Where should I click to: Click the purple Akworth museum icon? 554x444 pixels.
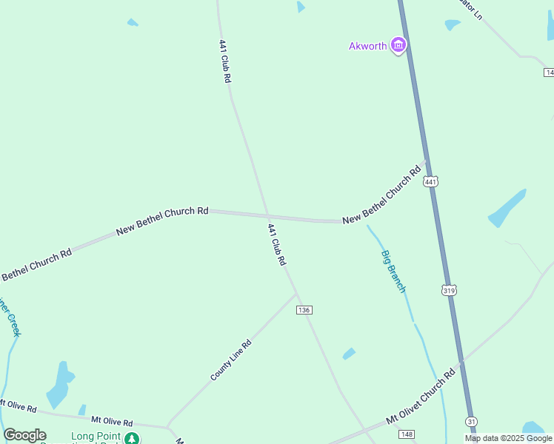[x=399, y=46]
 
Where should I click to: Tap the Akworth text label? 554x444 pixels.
[x=367, y=46]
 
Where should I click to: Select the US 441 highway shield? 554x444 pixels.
[x=431, y=181]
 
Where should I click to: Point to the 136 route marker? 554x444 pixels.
[x=304, y=309]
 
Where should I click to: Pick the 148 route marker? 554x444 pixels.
[x=405, y=434]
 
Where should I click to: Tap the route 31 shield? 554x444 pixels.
[x=472, y=421]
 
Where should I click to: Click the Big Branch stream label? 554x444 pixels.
[x=393, y=271]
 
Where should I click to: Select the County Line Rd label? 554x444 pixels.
[x=231, y=360]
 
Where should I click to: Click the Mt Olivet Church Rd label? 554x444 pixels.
[x=419, y=397]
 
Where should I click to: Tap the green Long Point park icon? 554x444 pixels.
[x=131, y=438]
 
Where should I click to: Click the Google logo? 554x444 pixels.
[x=24, y=435]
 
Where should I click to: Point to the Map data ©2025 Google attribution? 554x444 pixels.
[x=508, y=438]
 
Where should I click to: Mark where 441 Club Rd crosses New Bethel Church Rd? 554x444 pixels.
[x=267, y=216]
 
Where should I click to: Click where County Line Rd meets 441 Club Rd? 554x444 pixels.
[x=297, y=294]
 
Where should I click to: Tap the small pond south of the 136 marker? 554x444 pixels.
[x=349, y=354]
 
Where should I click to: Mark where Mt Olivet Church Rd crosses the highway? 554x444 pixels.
[x=461, y=363]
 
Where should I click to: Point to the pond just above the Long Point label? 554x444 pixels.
[x=59, y=385]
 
